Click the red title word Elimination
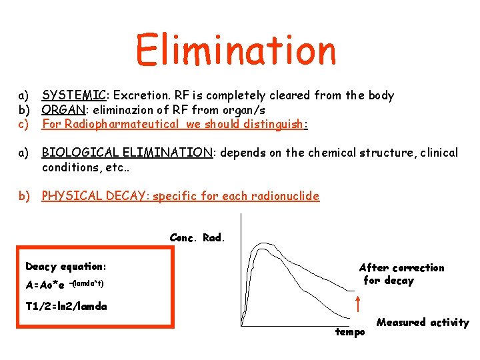coord(236,49)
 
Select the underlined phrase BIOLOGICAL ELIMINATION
coord(127,153)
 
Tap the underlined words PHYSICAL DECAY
coord(95,196)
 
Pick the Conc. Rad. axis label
coord(198,237)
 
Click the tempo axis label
coord(350,331)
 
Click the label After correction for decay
coord(401,274)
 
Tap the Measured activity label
coord(423,323)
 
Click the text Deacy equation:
coord(66,267)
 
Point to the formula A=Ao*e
coord(45,285)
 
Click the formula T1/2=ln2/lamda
coord(66,307)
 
